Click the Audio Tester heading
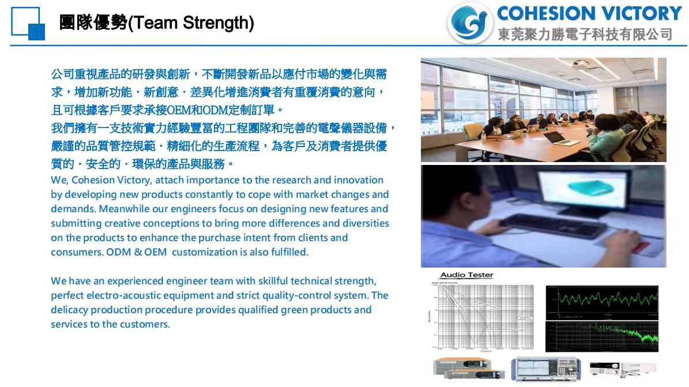[466, 275]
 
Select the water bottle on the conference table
[483, 135]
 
